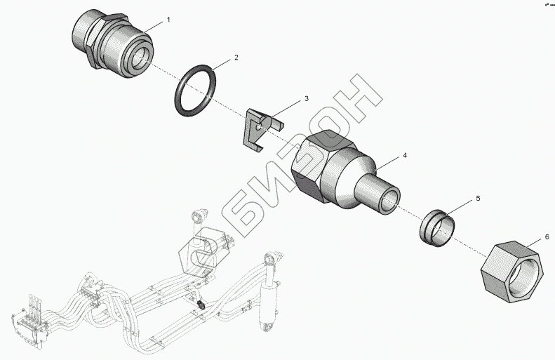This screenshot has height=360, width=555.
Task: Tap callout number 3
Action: pyautogui.click(x=306, y=100)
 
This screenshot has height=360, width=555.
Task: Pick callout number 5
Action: pyautogui.click(x=478, y=199)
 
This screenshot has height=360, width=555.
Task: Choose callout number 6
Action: pyautogui.click(x=547, y=238)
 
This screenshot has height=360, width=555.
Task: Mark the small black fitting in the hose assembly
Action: pyautogui.click(x=201, y=305)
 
